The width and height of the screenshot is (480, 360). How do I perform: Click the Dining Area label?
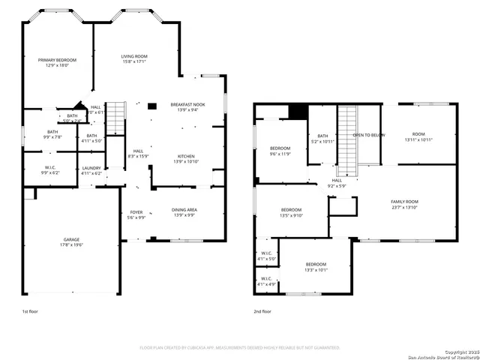(x=184, y=212)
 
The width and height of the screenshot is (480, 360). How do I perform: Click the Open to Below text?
(x=369, y=135)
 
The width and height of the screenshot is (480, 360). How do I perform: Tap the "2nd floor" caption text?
(x=262, y=310)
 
